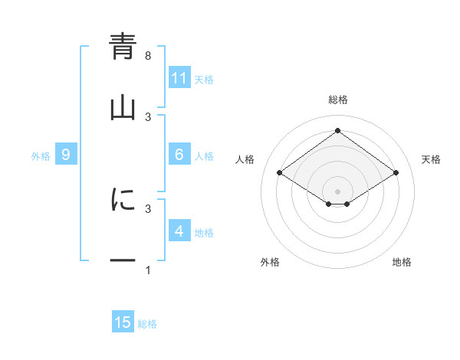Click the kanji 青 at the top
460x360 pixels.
123,47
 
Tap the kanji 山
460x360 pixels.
123,107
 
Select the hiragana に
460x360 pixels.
123,200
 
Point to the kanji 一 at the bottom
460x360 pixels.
123,261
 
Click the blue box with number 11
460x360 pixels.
179,78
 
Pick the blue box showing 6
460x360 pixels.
179,155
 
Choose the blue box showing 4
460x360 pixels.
179,231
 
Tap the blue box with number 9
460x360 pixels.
66,155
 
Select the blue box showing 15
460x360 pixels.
123,322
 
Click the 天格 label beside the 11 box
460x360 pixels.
204,79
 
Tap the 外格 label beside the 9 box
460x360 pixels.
41,155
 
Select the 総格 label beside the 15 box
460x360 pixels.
147,323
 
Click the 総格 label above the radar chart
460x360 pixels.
337,100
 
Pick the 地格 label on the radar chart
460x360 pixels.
402,262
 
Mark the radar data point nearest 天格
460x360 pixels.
396,173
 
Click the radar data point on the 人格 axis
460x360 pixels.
280,173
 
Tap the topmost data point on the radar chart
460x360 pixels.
337,131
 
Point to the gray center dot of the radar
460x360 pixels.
337,191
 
